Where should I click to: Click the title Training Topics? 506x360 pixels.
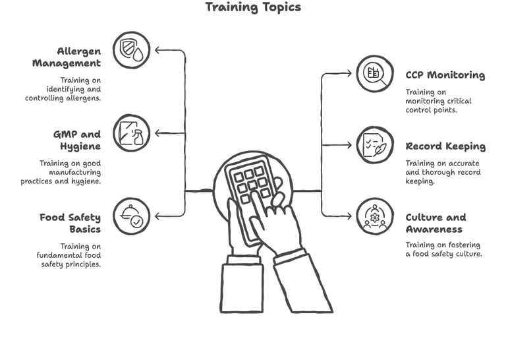(253, 8)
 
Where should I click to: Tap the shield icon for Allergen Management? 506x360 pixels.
(132, 50)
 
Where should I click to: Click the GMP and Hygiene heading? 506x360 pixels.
(77, 140)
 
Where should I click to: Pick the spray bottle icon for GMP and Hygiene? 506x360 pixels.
(132, 133)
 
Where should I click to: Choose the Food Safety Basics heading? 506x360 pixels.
(70, 223)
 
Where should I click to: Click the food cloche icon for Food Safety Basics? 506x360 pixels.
(132, 216)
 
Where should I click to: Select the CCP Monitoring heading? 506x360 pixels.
(445, 75)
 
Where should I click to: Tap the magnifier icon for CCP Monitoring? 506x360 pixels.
(375, 73)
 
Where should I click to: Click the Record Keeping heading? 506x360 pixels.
(445, 146)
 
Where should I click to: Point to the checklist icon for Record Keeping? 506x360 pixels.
(375, 145)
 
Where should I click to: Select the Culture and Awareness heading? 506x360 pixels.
(436, 223)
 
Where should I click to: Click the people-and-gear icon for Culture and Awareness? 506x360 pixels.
(375, 216)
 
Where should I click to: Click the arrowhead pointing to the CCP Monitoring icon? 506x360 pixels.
(349, 73)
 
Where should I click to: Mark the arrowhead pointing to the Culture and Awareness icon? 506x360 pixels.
(349, 216)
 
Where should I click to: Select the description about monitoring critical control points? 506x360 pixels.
(439, 101)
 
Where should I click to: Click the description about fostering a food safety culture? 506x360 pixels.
(443, 249)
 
